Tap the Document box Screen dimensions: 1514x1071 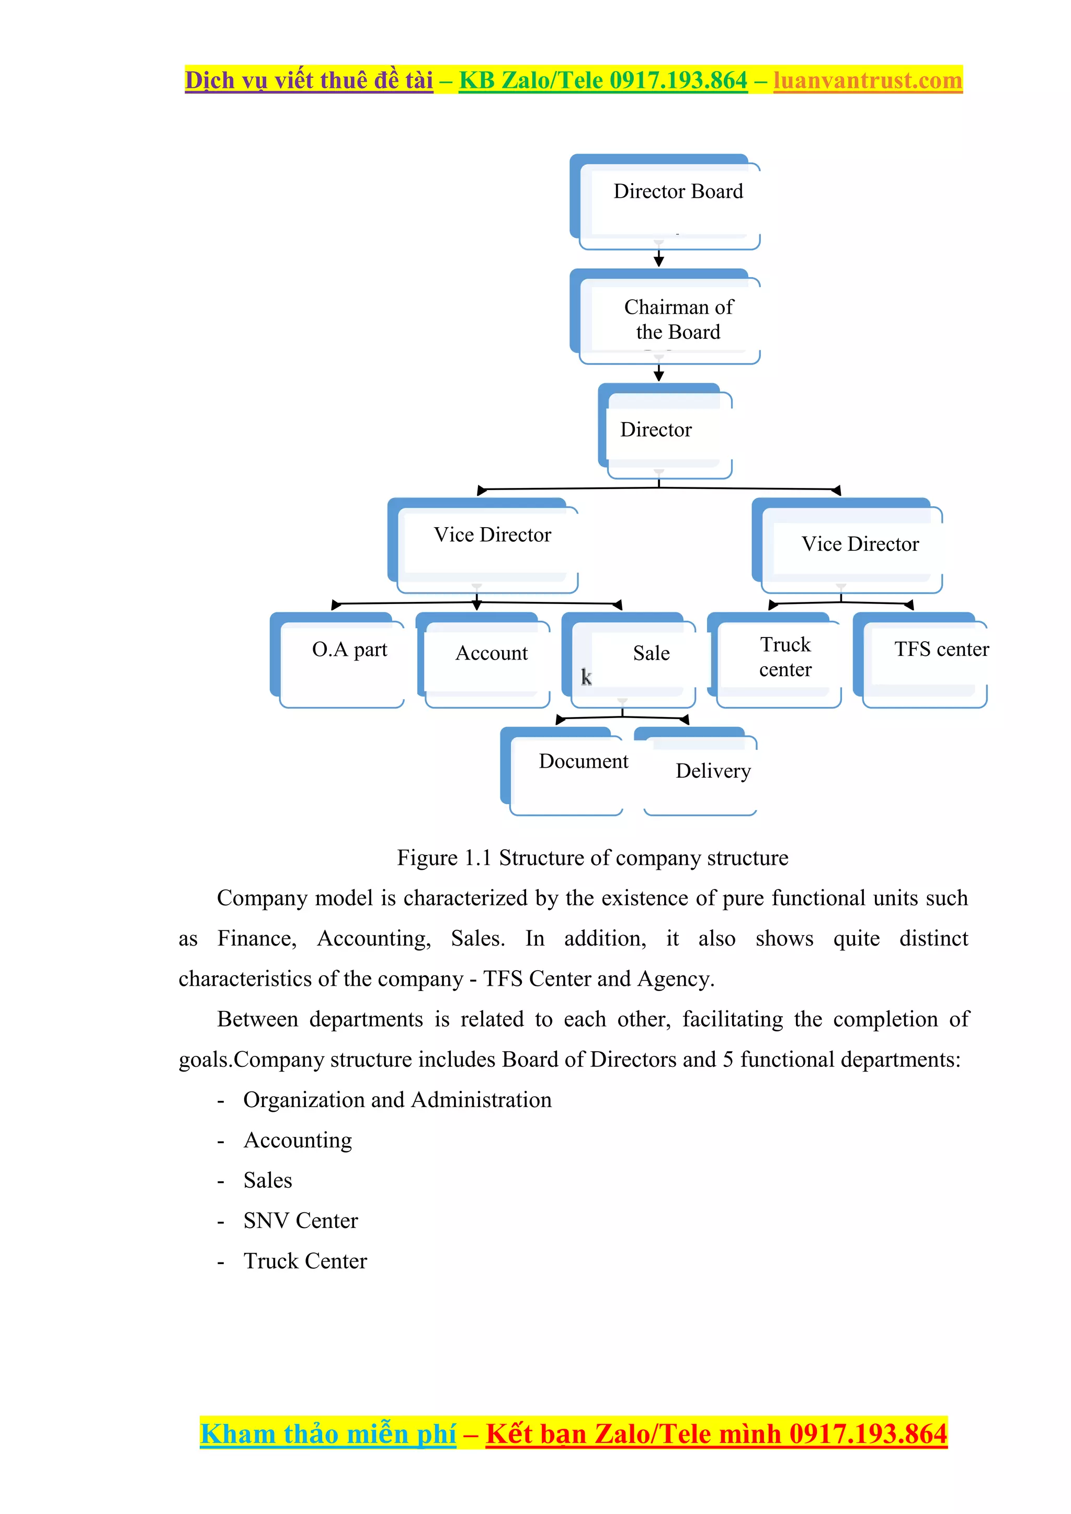(x=567, y=770)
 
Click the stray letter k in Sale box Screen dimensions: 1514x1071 (x=586, y=677)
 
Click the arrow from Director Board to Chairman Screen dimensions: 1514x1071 (x=658, y=256)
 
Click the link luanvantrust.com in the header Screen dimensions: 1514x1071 (x=867, y=80)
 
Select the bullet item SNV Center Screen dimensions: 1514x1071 (x=300, y=1221)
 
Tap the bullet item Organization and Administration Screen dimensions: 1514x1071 (x=397, y=1099)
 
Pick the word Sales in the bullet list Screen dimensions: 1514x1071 (x=267, y=1180)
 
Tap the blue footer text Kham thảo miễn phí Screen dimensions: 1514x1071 (x=328, y=1434)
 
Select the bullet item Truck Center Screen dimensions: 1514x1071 (x=305, y=1261)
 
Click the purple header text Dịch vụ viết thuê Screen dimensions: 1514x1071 (x=308, y=80)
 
